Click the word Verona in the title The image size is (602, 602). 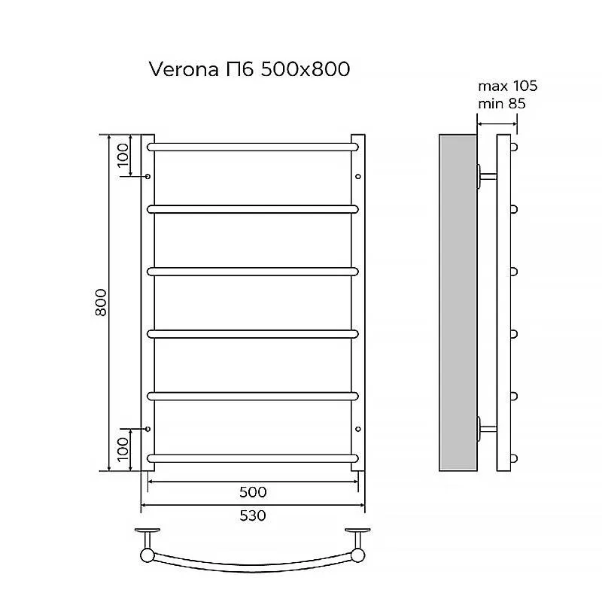[x=184, y=69]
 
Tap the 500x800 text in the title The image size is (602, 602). [x=306, y=69]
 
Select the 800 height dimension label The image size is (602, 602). [x=101, y=303]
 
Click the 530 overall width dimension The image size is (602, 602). [x=253, y=515]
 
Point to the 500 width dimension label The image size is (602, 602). [x=253, y=492]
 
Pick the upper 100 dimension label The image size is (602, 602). [x=123, y=155]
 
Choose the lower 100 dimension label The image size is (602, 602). [x=123, y=449]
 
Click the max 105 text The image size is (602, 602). [x=507, y=86]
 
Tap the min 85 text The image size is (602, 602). [x=502, y=104]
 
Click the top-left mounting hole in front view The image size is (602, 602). [x=147, y=177]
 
